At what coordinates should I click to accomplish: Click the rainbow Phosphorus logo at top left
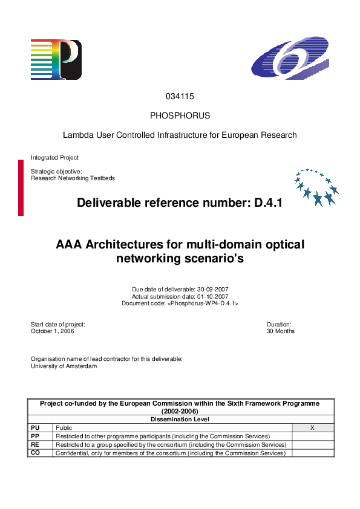[x=56, y=59]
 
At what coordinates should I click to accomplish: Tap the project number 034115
[x=180, y=97]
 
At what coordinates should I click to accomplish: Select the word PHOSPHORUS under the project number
[x=180, y=115]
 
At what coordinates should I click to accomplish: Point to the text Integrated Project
[x=54, y=158]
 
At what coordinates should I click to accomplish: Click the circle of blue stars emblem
[x=316, y=187]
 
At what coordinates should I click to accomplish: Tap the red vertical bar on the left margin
[x=21, y=187]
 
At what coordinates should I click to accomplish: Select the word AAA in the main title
[x=70, y=245]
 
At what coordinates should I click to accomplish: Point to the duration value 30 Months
[x=281, y=331]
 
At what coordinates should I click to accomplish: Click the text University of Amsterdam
[x=64, y=366]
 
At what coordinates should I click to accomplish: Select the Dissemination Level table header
[x=180, y=418]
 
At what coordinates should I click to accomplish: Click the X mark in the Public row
[x=312, y=427]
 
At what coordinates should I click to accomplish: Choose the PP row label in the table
[x=35, y=436]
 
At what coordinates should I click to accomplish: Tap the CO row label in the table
[x=35, y=453]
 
